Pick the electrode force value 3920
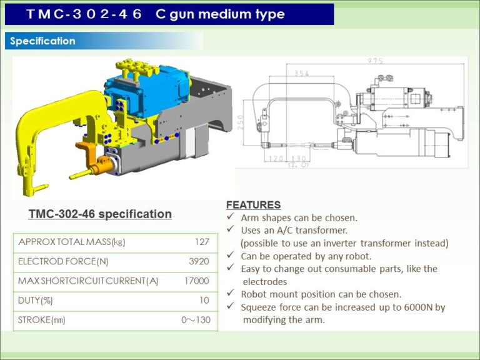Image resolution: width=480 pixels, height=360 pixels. (x=199, y=261)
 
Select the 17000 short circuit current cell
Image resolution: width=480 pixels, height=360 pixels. (x=196, y=281)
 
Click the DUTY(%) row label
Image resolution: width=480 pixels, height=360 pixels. (x=36, y=301)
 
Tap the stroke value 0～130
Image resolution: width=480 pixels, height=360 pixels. (x=195, y=320)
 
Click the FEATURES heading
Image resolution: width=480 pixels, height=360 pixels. (x=253, y=204)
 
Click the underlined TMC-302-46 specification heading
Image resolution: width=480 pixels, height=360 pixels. (x=100, y=214)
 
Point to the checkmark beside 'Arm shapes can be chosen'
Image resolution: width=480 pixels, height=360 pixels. (x=230, y=217)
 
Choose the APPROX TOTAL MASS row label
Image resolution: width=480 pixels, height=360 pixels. (x=72, y=242)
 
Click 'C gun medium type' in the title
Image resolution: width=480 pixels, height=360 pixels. (x=219, y=14)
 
